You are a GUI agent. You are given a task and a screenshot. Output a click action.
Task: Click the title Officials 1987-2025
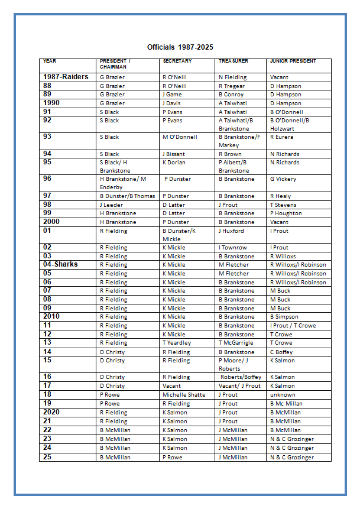point(180,47)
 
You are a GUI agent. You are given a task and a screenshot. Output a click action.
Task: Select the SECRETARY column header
point(177,61)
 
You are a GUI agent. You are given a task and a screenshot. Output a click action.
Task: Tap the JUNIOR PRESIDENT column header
point(293,61)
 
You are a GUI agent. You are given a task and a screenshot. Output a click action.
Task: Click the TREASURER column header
point(233,61)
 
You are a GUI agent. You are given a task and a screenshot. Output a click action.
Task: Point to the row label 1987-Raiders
point(66,77)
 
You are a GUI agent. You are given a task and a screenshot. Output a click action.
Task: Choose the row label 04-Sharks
point(60,264)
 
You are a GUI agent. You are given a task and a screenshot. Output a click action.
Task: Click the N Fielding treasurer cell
point(232,77)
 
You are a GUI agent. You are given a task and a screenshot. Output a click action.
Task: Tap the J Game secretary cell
point(172,95)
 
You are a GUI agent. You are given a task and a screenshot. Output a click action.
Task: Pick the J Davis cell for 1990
point(172,103)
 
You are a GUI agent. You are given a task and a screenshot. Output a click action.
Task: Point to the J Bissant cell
point(173,154)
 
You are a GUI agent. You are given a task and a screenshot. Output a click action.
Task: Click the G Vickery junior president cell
point(283,179)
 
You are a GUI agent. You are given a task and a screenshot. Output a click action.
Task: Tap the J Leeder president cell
point(111,205)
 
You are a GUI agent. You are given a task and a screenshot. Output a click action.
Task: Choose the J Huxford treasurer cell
point(231,231)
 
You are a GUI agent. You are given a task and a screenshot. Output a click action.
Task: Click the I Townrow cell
point(233,248)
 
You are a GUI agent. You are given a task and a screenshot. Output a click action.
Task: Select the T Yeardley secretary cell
point(177,343)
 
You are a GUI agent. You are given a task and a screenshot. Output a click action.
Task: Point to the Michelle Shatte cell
point(183,395)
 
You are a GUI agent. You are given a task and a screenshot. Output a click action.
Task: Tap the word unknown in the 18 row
point(283,395)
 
